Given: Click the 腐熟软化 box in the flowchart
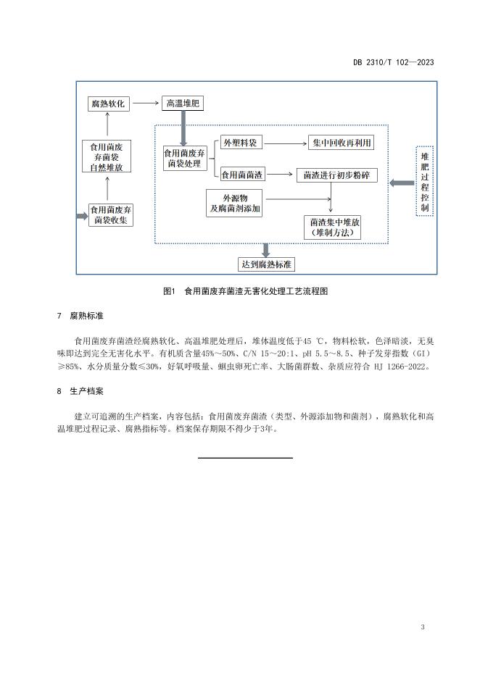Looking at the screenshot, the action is click(108, 104).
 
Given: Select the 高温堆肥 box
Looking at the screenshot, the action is click(183, 103).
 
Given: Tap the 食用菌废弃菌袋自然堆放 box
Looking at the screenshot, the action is click(107, 156).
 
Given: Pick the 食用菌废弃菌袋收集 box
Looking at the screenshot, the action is click(110, 215).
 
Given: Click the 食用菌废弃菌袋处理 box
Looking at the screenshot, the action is click(184, 158).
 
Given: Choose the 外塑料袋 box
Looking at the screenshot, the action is click(241, 142).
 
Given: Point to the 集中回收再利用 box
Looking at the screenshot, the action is click(341, 143).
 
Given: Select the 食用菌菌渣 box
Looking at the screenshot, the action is click(242, 175).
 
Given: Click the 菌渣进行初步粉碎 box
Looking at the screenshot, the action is click(336, 175).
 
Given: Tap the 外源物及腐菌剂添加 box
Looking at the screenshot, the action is click(234, 204).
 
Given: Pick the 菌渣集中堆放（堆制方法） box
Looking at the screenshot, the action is click(332, 227).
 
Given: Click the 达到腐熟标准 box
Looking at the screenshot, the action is click(266, 264).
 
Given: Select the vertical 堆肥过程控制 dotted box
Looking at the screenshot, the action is click(424, 181).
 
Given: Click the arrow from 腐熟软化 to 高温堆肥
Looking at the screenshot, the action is click(146, 103).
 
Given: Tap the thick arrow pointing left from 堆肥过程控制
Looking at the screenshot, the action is click(402, 183).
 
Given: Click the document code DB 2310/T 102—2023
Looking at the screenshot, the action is click(394, 62).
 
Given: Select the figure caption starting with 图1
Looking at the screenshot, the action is click(245, 291).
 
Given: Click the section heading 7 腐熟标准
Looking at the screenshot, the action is click(80, 316).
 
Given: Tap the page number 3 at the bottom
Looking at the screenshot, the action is click(423, 627).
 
